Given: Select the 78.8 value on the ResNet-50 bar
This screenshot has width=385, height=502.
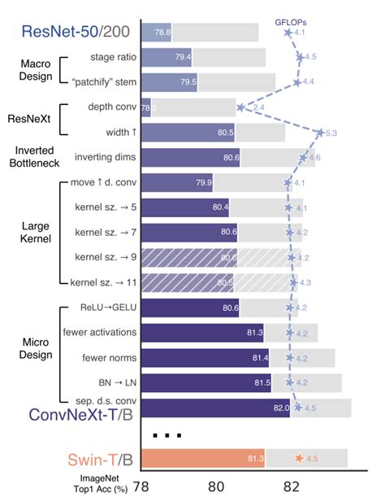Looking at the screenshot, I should coord(162,33).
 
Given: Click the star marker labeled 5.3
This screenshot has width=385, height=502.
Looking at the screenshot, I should coord(321,132).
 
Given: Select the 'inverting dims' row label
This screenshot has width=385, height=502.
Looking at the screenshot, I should coord(105,157).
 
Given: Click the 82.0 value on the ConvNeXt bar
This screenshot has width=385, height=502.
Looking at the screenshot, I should coord(279,407).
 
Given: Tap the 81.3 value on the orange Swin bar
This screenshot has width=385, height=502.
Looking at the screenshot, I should coord(255,459).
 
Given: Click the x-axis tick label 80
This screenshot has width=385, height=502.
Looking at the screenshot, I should coord(214,487).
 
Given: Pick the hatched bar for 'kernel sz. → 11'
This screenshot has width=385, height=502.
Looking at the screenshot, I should coord(187,282).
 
